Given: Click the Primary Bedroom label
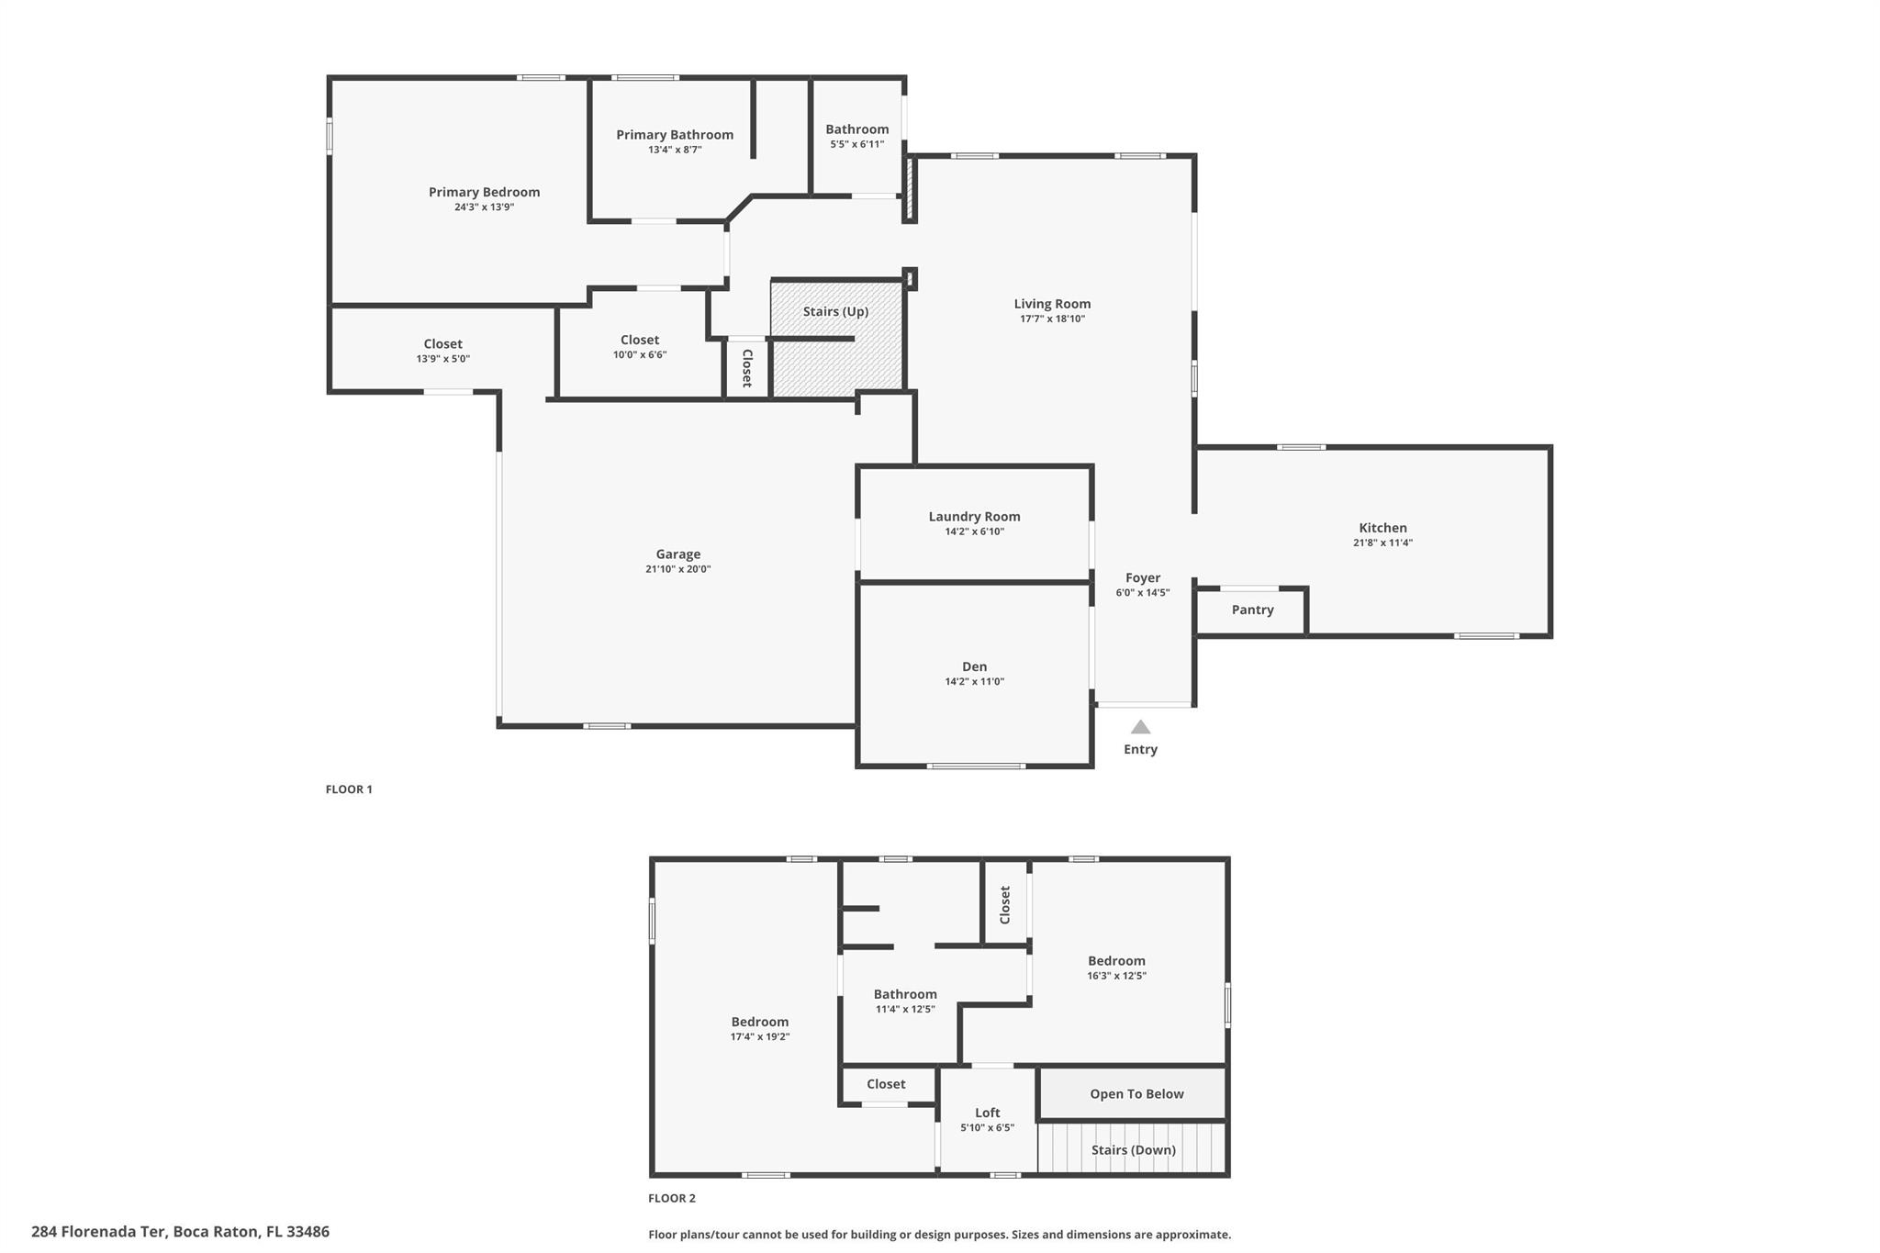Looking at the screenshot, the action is click(x=484, y=192).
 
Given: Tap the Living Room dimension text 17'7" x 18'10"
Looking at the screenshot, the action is click(x=1052, y=319).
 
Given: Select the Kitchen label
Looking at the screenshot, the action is click(x=1382, y=528).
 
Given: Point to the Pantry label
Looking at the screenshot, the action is click(x=1252, y=610).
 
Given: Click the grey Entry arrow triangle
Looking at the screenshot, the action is click(x=1140, y=727).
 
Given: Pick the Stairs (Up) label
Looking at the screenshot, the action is click(x=835, y=311).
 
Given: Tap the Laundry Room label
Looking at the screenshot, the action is click(x=974, y=517).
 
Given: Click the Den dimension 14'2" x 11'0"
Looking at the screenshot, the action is click(x=974, y=682).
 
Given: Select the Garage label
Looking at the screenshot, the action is click(x=678, y=554).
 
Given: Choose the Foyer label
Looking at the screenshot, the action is click(x=1143, y=578).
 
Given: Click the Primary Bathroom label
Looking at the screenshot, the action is click(x=675, y=135).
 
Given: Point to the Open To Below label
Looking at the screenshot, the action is click(x=1136, y=1094).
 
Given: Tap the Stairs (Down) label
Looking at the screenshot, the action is click(x=1133, y=1150).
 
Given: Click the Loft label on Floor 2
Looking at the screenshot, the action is click(x=988, y=1113).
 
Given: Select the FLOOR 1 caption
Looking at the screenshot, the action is click(x=349, y=789).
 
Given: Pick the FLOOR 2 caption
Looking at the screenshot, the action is click(x=672, y=1198).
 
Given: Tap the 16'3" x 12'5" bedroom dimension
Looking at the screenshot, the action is click(x=1116, y=976).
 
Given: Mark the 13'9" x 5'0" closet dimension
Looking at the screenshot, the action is click(x=442, y=359).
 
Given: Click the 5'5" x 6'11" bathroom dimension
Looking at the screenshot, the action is click(x=856, y=144).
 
